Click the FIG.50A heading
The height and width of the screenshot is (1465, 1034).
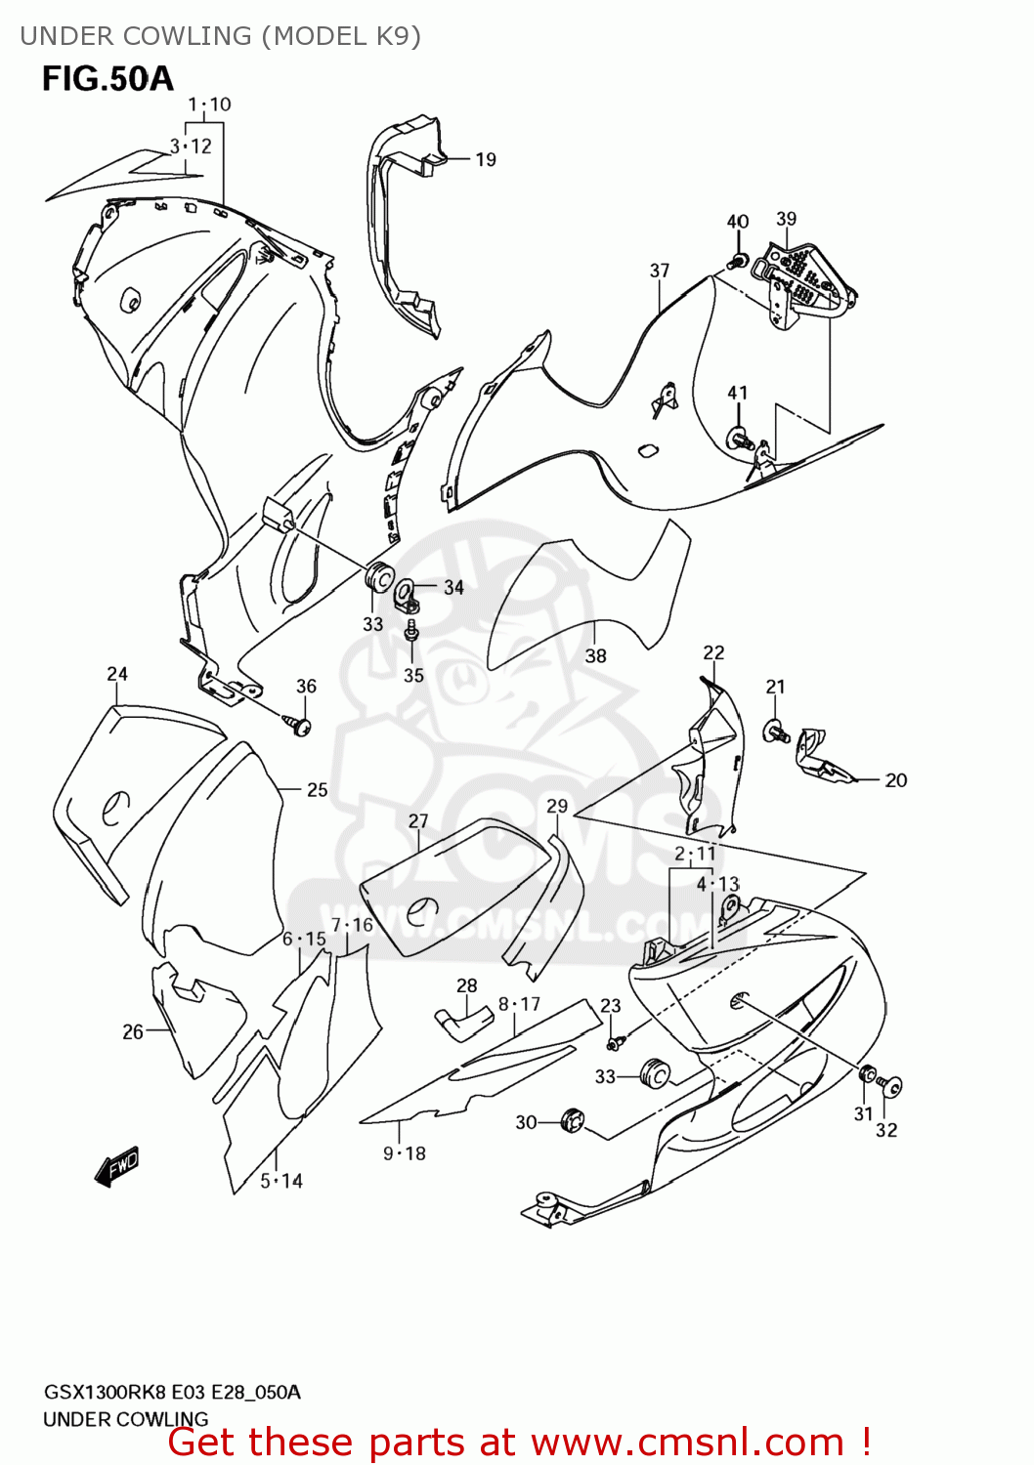coord(108,78)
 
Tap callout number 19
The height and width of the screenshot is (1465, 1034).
coord(486,160)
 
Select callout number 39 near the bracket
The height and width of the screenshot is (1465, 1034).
coord(786,220)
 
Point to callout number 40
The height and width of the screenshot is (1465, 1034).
coord(737,222)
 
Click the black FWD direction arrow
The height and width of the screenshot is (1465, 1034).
coord(117,1166)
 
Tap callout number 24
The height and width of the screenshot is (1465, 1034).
coord(117,674)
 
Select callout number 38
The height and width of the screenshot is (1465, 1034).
coord(595,656)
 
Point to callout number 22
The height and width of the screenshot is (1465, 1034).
coord(713,652)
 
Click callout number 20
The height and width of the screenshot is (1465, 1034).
coord(895,780)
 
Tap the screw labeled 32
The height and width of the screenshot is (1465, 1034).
coord(890,1084)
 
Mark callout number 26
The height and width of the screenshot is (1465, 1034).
coord(133,1031)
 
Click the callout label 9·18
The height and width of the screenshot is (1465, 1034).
coord(404,1153)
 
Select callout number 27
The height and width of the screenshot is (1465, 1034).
coord(418,821)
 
